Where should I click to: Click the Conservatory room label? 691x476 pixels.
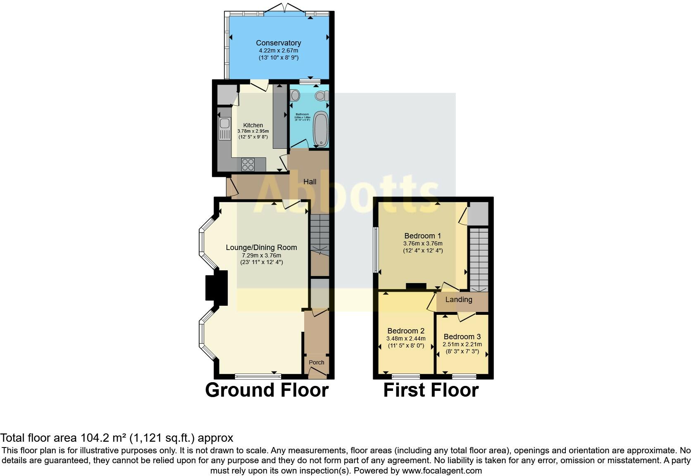click(x=278, y=43)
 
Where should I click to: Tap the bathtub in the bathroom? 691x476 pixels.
click(x=321, y=129)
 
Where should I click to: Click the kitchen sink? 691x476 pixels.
click(x=224, y=123)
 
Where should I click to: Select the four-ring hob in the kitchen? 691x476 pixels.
click(x=248, y=165)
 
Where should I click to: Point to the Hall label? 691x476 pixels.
click(x=310, y=182)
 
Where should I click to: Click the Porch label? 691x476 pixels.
click(x=317, y=362)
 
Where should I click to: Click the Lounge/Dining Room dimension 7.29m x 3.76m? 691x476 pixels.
click(x=261, y=255)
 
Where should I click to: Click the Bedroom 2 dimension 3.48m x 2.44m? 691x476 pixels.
click(x=405, y=338)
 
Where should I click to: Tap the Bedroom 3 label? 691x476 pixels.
click(x=462, y=337)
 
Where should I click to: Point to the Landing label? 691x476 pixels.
click(x=459, y=300)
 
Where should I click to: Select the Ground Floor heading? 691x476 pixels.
click(x=267, y=390)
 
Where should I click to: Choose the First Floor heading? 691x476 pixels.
click(x=431, y=390)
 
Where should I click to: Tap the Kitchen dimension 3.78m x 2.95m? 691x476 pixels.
click(x=253, y=131)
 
